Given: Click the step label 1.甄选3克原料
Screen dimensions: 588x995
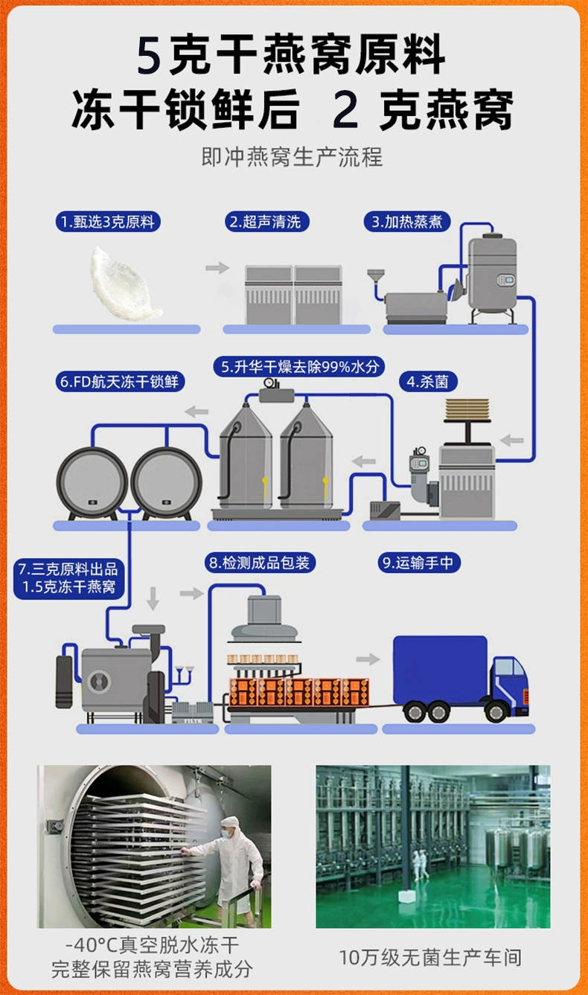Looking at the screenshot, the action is (108, 221).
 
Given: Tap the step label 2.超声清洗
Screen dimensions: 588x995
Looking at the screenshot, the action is (267, 221).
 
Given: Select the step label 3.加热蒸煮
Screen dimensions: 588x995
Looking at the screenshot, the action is (407, 221).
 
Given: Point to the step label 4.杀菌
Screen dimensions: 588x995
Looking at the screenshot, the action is (428, 382).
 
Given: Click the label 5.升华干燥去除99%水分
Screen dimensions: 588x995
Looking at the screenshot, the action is (299, 367).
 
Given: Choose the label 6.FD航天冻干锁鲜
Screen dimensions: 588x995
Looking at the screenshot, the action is (120, 382).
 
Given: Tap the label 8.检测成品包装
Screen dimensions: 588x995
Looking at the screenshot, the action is (260, 563).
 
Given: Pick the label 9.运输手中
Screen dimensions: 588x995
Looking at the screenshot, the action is (419, 563).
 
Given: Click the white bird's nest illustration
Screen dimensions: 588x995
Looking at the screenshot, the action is (124, 284).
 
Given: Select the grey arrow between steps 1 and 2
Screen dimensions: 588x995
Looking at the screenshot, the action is (217, 267).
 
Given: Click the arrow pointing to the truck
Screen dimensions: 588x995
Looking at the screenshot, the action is (368, 659).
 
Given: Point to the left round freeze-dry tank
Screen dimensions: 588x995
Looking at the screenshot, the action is (92, 483).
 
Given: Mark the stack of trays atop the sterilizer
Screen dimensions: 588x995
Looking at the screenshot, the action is (467, 409).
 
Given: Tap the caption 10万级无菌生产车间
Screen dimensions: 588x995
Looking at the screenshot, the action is (430, 957).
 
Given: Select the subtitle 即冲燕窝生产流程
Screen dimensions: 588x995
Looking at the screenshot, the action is (292, 157).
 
